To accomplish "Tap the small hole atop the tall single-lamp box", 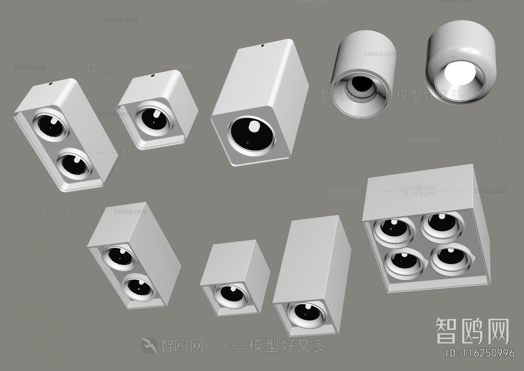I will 263,46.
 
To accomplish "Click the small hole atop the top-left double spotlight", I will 51,83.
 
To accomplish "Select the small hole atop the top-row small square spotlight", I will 153,76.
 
